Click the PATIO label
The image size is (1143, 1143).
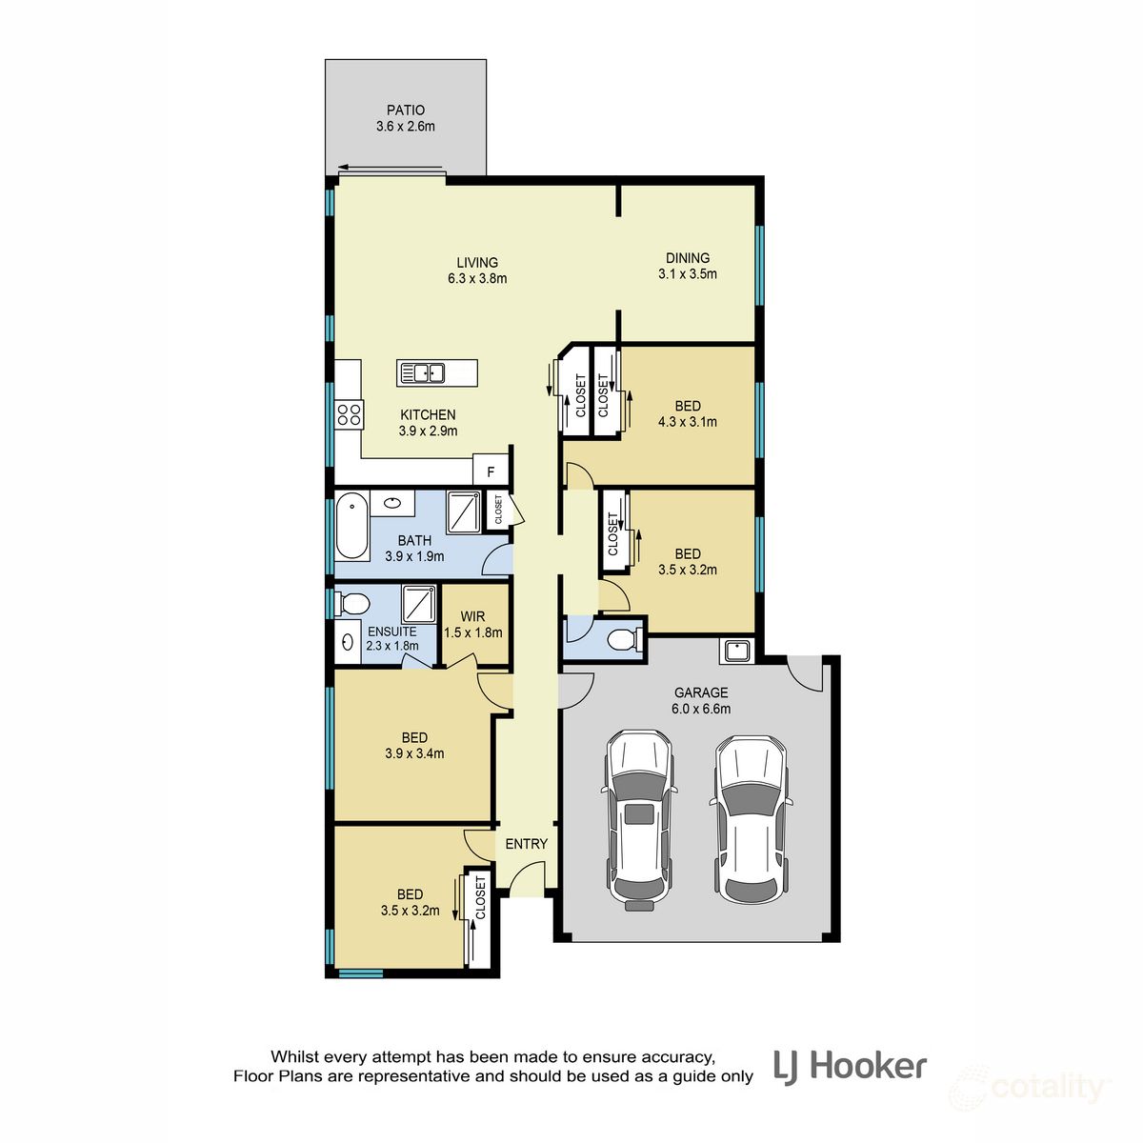(x=406, y=110)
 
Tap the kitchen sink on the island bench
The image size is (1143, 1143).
(x=422, y=372)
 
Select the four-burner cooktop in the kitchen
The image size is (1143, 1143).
(x=349, y=413)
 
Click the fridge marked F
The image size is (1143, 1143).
(x=491, y=471)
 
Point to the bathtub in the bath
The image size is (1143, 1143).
(x=351, y=527)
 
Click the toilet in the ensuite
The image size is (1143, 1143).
(x=353, y=603)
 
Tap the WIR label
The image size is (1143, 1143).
(x=472, y=616)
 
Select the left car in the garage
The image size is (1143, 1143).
(x=641, y=818)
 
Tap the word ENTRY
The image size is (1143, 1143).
(x=527, y=844)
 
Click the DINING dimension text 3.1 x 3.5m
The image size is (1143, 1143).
(x=687, y=274)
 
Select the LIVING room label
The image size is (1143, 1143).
(x=476, y=263)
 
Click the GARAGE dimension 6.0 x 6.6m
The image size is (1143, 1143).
(x=701, y=709)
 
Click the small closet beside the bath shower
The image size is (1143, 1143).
(x=497, y=509)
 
